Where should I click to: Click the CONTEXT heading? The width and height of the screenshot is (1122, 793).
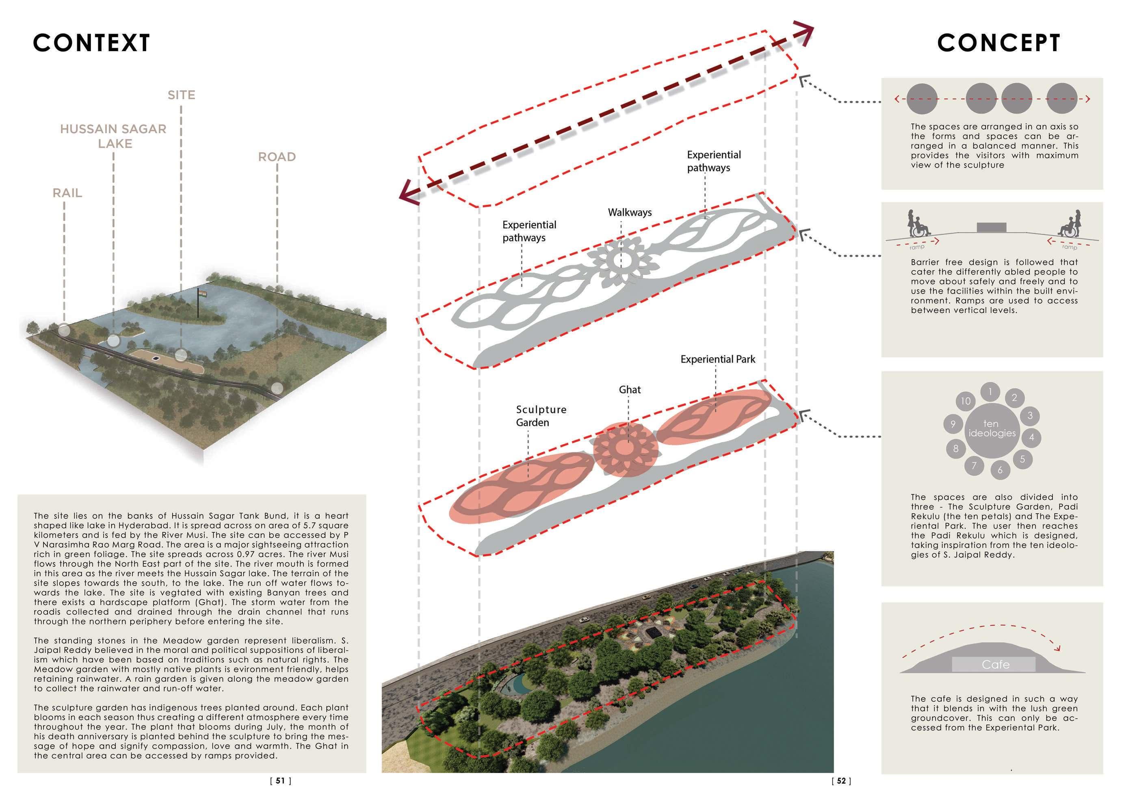[91, 43]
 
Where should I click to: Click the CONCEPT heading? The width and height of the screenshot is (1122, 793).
[999, 43]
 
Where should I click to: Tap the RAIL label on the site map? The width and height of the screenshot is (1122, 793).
[67, 193]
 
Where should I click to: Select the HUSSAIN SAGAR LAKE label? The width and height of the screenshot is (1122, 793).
[113, 136]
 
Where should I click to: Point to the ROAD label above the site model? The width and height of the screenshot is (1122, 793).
[277, 157]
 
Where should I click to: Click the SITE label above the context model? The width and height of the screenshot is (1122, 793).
[181, 95]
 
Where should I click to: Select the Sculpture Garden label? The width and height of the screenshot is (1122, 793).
[541, 416]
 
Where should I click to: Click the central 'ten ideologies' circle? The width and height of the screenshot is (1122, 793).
[992, 428]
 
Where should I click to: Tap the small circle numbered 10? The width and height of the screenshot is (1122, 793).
[966, 401]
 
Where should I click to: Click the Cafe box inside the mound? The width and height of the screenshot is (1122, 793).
[995, 665]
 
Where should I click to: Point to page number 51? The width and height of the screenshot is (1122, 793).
[280, 781]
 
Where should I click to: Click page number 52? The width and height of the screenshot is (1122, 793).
[841, 781]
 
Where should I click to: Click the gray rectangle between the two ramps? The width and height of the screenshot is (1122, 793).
[992, 227]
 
